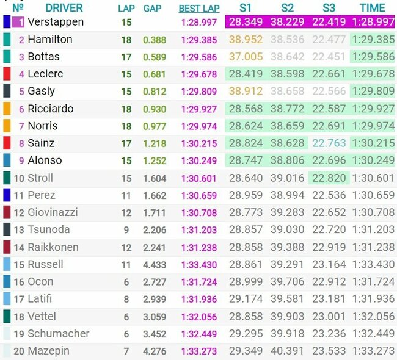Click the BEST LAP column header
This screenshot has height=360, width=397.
point(200,9)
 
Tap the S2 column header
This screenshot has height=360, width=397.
point(287,8)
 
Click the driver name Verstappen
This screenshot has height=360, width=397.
point(56,22)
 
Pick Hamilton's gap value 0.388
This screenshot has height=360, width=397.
point(155,40)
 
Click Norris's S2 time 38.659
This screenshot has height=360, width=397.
point(287,126)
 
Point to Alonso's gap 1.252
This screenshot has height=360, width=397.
point(155,160)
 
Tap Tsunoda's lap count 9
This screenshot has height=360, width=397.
point(126,230)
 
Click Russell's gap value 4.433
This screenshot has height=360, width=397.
point(155,265)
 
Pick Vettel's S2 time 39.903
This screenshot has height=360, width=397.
point(287,317)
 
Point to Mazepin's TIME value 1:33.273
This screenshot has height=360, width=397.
point(373,351)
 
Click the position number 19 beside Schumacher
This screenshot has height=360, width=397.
point(18,334)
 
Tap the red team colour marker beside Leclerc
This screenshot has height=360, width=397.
point(7,74)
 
